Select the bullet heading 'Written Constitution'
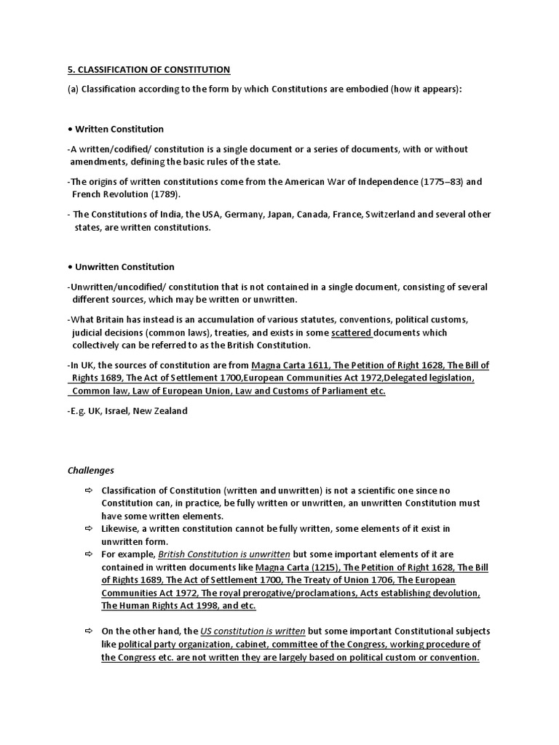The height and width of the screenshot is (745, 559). coord(119,129)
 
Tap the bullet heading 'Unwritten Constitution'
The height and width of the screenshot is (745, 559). coord(124,267)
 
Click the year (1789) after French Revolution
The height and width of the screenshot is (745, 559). coord(164,195)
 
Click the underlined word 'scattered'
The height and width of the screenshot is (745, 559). coord(352,332)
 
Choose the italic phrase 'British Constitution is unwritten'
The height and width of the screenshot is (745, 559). coord(223,554)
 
